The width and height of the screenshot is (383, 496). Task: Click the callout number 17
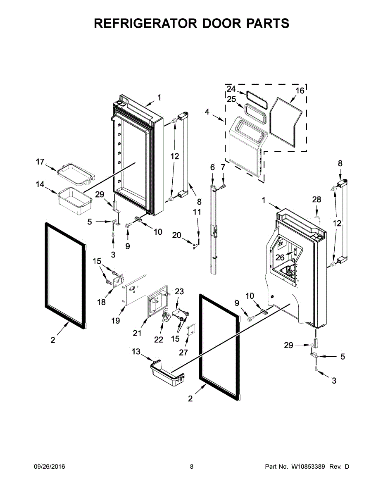[x=40, y=162]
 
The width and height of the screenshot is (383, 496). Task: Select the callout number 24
[x=231, y=89]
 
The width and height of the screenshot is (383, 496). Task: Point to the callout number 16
[x=300, y=91]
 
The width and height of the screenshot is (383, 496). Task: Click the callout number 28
[x=316, y=200]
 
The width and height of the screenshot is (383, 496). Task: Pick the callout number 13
[x=136, y=352]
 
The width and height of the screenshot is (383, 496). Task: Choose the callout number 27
[x=183, y=353]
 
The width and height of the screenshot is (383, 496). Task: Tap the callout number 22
[x=159, y=339]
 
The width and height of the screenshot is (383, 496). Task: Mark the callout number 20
[x=177, y=235]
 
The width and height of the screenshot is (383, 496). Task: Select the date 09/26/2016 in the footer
[x=49, y=467]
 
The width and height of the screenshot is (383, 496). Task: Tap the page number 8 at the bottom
[x=192, y=467]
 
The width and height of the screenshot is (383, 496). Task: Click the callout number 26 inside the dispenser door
[x=280, y=257]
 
